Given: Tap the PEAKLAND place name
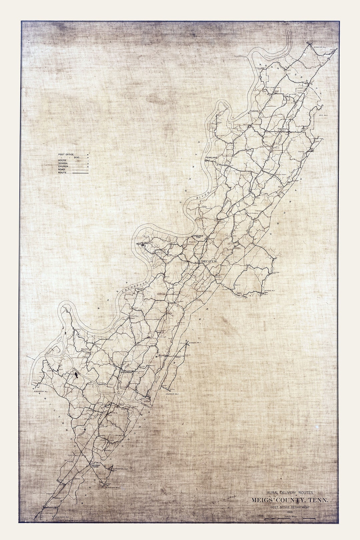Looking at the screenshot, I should point(211,157).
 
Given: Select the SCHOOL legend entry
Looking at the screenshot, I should point(63,163).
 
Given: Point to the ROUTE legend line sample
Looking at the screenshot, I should point(80,173).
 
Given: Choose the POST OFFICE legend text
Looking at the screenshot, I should point(66,155).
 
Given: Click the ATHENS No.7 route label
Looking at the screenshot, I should point(270,291).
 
